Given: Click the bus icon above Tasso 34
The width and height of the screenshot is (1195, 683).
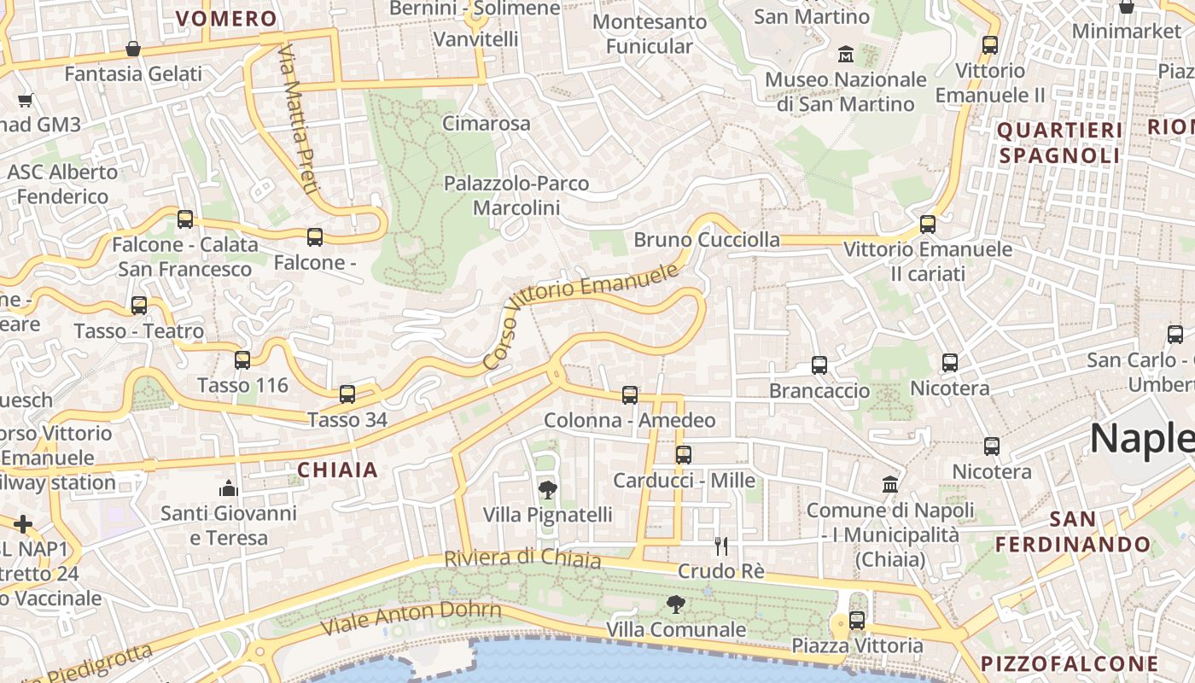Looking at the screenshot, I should click(347, 394).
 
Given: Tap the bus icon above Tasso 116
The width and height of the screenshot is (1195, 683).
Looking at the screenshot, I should click(242, 360).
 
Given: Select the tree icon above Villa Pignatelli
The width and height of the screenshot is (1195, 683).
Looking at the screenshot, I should click(547, 489).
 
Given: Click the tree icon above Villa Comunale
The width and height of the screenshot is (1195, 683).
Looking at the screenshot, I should click(675, 604).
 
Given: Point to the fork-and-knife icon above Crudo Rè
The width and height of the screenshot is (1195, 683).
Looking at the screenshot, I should click(721, 546).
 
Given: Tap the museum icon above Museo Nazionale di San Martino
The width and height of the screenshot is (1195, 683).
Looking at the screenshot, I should click(846, 54).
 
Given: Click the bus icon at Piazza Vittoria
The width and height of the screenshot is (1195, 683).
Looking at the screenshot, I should click(857, 621).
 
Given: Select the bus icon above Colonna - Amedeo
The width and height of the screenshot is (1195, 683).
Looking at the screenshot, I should click(630, 395).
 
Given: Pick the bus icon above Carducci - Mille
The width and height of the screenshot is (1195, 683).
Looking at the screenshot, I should click(683, 455).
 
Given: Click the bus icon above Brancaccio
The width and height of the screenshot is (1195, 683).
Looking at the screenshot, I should click(819, 365).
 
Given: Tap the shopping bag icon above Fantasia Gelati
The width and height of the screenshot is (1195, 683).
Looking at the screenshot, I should click(132, 49).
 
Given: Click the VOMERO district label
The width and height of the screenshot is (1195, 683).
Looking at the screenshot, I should click(226, 19).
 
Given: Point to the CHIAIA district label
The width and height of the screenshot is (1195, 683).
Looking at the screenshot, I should click(337, 470).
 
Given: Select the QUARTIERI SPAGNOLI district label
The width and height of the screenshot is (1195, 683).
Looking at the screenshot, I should click(1059, 143).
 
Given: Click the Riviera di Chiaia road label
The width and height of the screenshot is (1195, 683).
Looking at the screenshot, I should click(522, 558).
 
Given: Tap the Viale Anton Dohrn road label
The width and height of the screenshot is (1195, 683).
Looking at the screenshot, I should click(411, 618).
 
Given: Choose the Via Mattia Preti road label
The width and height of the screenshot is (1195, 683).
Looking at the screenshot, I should click(297, 119).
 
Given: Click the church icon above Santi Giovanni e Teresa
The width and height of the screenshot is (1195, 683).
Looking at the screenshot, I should click(228, 488).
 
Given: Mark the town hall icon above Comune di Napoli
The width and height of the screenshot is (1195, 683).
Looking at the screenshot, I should click(890, 484).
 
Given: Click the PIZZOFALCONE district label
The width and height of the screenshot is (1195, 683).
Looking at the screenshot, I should click(1070, 663).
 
